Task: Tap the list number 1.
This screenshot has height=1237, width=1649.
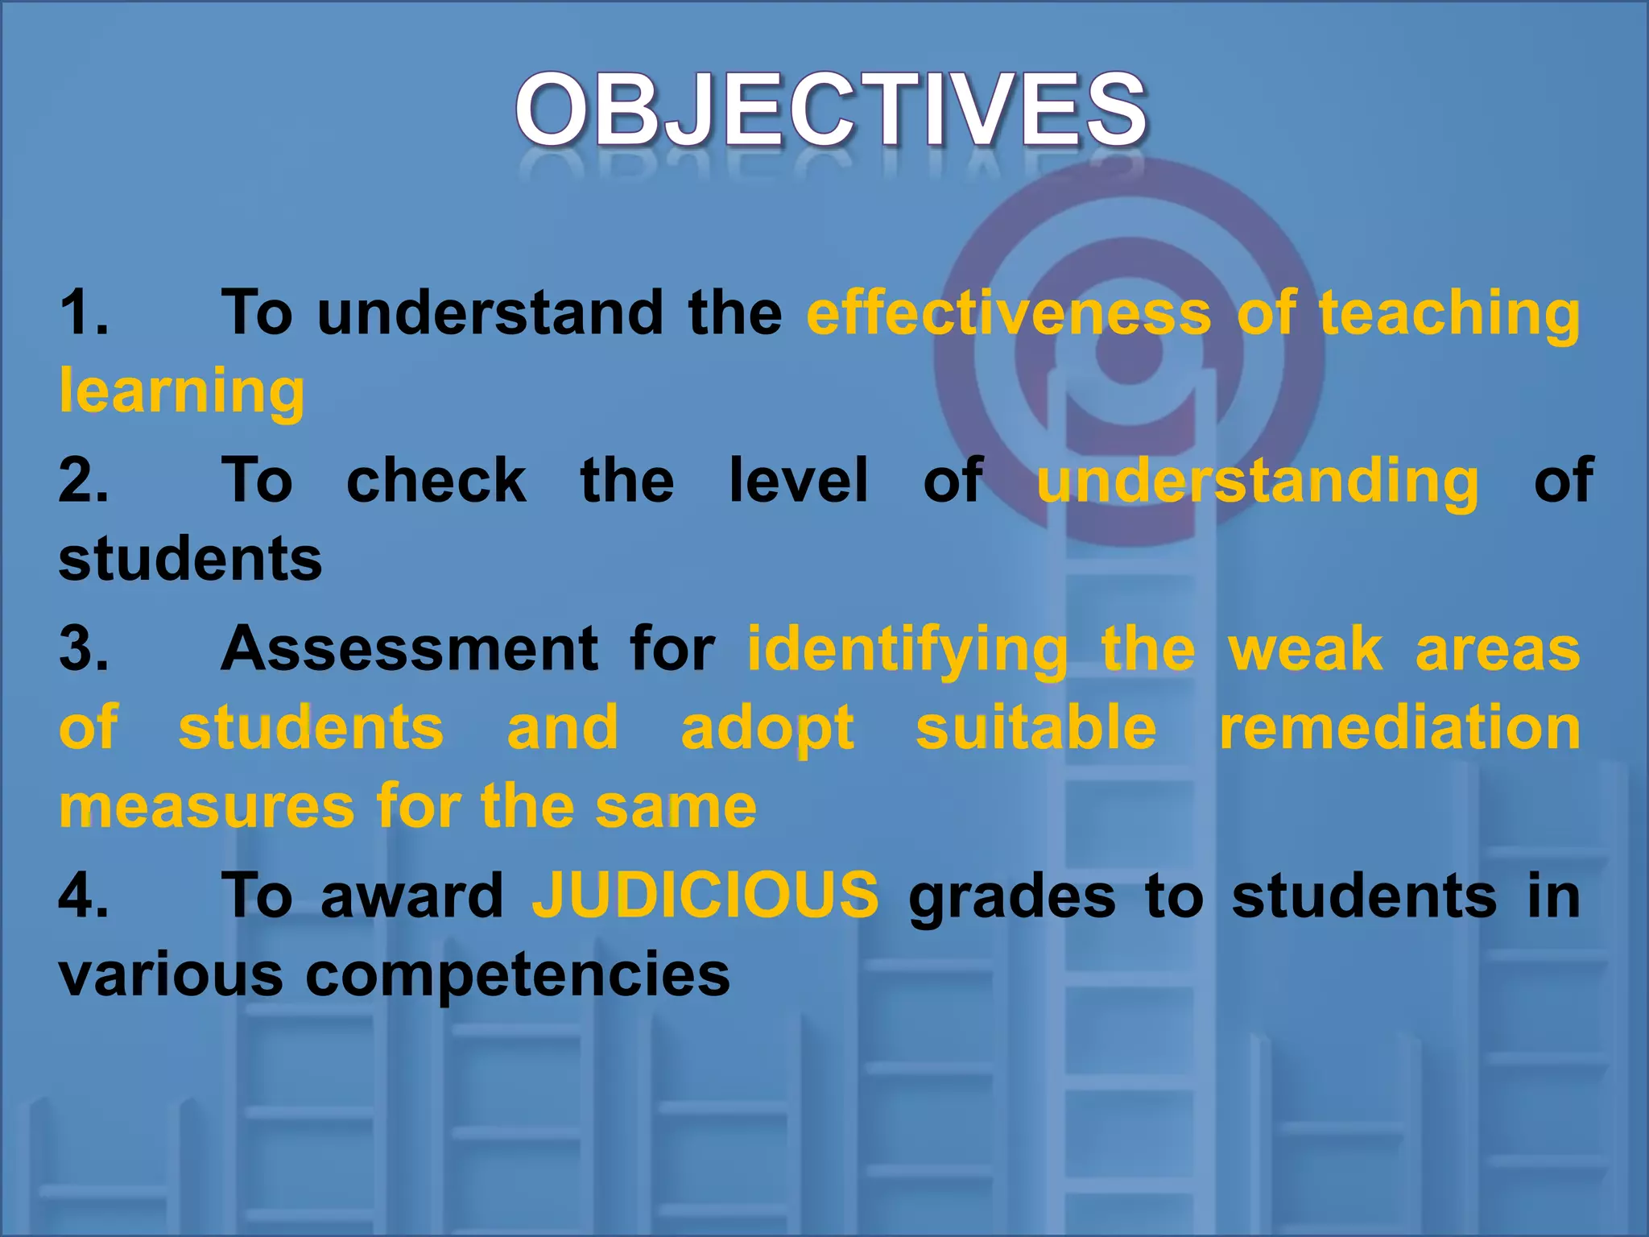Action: (83, 312)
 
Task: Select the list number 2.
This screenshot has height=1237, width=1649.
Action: (83, 480)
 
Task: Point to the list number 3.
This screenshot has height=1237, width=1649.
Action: (83, 648)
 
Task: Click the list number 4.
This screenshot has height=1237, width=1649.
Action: (83, 896)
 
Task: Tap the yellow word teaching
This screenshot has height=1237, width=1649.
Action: (1449, 314)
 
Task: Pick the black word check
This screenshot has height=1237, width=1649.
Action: (436, 480)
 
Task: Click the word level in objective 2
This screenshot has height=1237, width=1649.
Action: (799, 480)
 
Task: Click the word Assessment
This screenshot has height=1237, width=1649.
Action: (409, 648)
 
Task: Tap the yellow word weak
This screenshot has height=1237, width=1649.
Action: (1305, 649)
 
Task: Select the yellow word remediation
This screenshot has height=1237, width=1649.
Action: (1399, 727)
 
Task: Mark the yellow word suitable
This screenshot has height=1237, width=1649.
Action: (1036, 727)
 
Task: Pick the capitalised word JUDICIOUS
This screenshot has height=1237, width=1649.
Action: (705, 896)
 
